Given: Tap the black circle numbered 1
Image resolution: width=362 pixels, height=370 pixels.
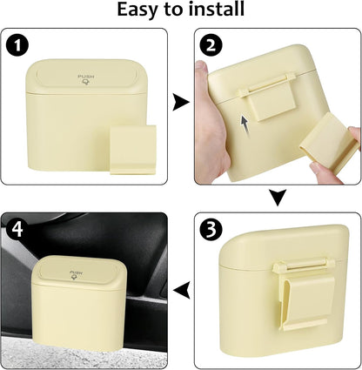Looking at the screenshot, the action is coord(17,46).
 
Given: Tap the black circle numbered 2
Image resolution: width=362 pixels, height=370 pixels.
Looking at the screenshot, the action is coord(211,46).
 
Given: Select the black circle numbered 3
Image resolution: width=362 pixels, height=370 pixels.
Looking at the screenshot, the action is coord(211,230).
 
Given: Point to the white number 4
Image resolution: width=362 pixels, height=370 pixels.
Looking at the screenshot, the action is coord(17,229).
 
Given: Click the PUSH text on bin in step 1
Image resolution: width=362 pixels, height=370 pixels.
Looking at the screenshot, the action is coord(86,77).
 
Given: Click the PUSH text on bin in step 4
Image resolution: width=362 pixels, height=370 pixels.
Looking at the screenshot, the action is coord(77,272).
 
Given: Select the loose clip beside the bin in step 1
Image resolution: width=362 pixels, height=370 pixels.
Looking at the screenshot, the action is coord(133,150).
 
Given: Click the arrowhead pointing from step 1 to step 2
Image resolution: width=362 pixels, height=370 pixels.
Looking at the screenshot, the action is coord(180,102).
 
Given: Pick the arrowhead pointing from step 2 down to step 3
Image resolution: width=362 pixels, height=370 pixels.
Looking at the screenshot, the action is coord(278,198).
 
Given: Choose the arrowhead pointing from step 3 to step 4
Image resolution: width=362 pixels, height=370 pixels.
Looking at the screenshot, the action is coord(182,290).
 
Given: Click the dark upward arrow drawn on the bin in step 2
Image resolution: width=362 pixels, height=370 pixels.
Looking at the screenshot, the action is coord(245,125).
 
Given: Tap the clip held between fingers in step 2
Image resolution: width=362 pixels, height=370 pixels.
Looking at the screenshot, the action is coord(327,140).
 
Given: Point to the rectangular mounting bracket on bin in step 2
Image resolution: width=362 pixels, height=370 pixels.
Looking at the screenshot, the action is coord(266,98).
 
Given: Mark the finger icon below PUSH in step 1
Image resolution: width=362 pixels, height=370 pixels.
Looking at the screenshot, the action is coord(86,83).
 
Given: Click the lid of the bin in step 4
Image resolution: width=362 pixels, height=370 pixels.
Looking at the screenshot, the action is coord(79,272).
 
